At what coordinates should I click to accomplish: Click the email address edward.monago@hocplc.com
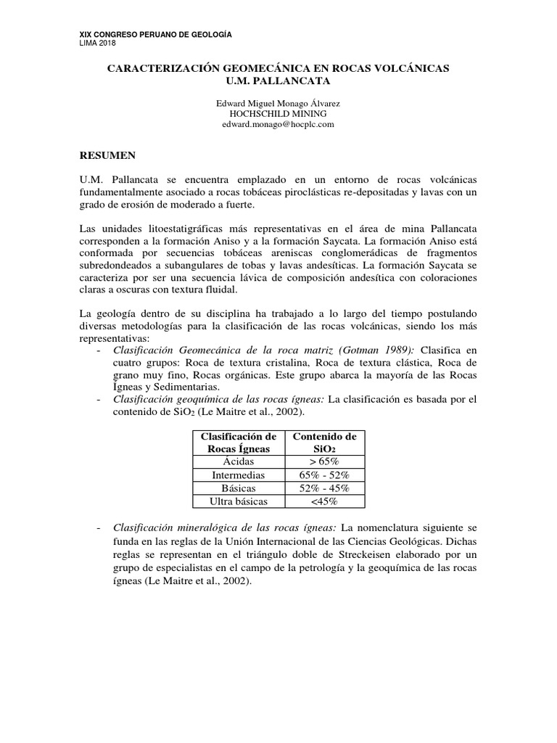(x=278, y=124)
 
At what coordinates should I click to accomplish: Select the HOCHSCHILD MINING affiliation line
(x=278, y=114)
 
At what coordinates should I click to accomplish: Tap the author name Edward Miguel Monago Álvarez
(x=278, y=104)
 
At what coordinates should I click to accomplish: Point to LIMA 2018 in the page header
(x=96, y=44)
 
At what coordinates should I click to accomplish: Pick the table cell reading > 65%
(x=323, y=461)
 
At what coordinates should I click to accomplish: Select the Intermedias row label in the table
(x=238, y=475)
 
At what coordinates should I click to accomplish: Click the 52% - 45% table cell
(x=323, y=488)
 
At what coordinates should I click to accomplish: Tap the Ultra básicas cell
(x=238, y=501)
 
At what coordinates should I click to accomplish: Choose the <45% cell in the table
(x=323, y=501)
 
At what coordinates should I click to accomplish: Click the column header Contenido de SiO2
(x=323, y=442)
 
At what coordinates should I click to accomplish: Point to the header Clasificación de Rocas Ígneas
(x=238, y=442)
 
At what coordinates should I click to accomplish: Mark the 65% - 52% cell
(x=323, y=475)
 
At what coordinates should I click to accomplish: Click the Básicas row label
(x=238, y=488)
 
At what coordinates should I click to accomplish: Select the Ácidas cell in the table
(x=238, y=461)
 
